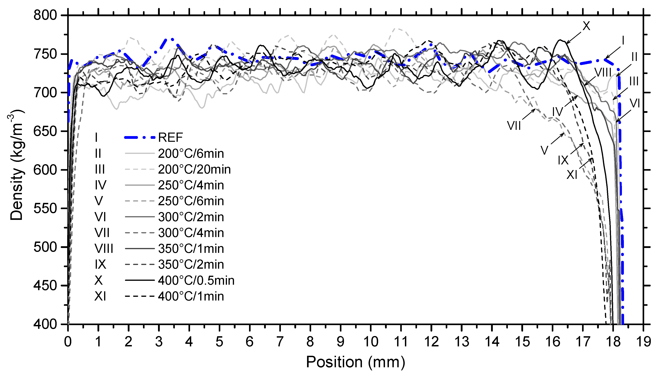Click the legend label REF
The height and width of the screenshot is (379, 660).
click(171, 137)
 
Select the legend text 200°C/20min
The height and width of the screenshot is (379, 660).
click(194, 169)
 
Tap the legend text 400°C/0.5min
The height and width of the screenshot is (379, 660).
click(196, 281)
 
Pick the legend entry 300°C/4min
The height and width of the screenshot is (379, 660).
click(191, 233)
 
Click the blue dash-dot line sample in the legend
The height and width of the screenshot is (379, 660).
click(140, 137)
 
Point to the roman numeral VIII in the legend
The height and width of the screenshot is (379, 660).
click(104, 249)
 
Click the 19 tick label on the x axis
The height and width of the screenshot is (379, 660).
click(643, 342)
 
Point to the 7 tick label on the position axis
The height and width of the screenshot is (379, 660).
click(280, 342)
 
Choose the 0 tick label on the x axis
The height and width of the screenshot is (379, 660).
click(68, 342)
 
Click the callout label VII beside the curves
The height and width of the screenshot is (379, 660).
click(514, 126)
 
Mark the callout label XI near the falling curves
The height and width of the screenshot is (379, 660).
click(572, 175)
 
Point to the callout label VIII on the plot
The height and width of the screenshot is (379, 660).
click(603, 73)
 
